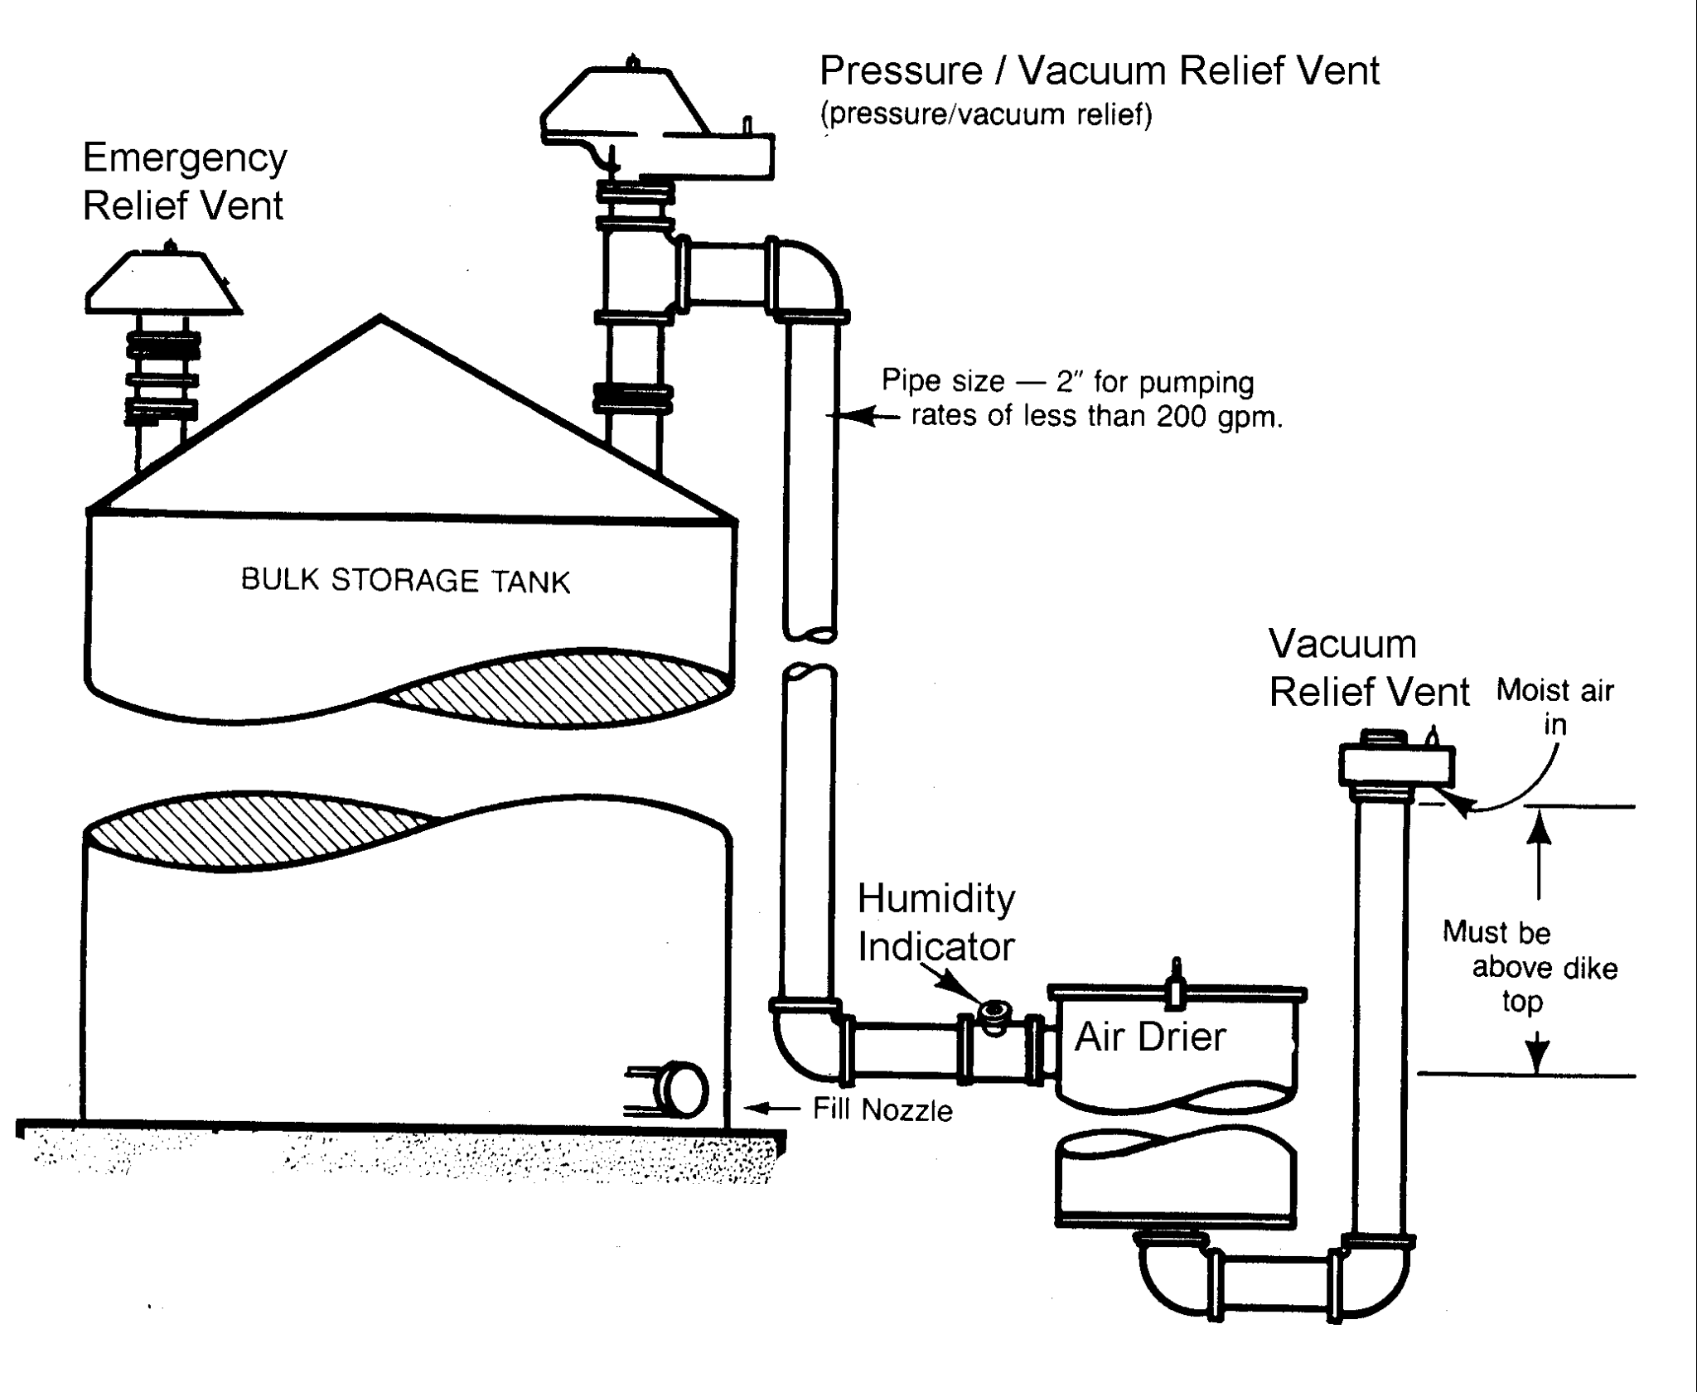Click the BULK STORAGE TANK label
tap(405, 580)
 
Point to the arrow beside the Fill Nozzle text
tap(771, 1107)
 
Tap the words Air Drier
tap(1150, 1037)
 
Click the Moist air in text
tap(1554, 707)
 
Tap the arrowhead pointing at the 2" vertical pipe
tap(853, 417)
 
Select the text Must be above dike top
tap(1529, 966)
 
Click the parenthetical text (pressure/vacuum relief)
tap(986, 114)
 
